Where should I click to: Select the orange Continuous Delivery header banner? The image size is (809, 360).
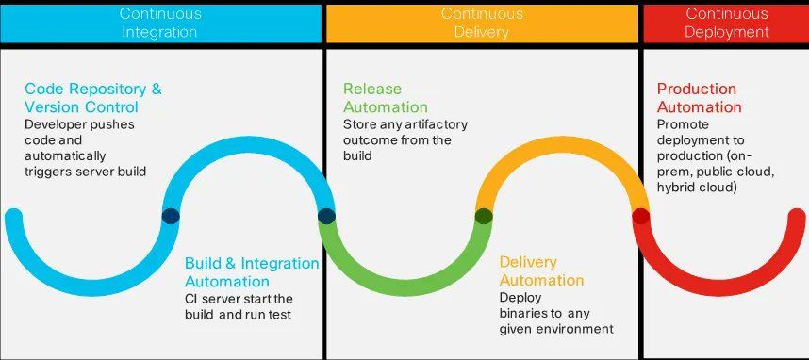pyautogui.click(x=482, y=22)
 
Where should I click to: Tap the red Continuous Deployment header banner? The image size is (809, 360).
pyautogui.click(x=726, y=22)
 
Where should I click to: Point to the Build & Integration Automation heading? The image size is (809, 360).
pyautogui.click(x=252, y=271)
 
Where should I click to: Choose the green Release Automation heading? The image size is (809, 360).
pyautogui.click(x=385, y=98)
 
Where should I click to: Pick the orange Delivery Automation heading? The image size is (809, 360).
pyautogui.click(x=541, y=271)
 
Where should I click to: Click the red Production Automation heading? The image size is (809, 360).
pyautogui.click(x=700, y=98)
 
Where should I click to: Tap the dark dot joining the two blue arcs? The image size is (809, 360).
pyautogui.click(x=171, y=216)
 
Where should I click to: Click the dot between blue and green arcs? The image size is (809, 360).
pyautogui.click(x=326, y=216)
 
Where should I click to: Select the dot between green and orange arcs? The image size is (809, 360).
pyautogui.click(x=484, y=216)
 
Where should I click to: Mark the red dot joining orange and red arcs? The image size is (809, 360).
pyautogui.click(x=640, y=216)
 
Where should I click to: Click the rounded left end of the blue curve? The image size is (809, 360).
pyautogui.click(x=13, y=219)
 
